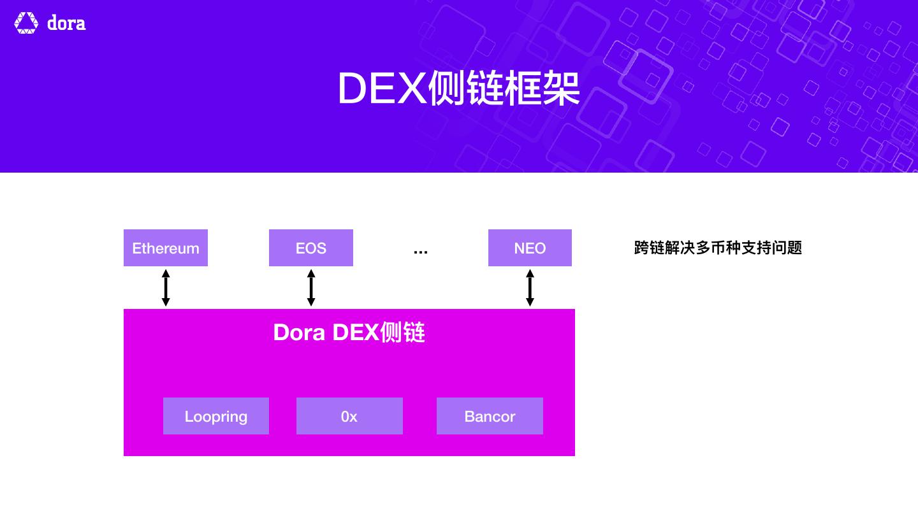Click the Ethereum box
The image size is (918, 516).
pos(166,248)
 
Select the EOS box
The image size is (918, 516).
pos(311,248)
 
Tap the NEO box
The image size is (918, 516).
pos(530,248)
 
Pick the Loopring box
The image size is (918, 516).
pos(216,416)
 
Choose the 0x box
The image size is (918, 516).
pos(349,416)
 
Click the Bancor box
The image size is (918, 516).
pos(490,416)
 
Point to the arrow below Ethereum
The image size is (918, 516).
pos(166,288)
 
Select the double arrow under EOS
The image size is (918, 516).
pos(311,288)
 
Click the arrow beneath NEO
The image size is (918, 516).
pos(530,288)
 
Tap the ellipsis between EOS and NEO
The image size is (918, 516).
pos(421,252)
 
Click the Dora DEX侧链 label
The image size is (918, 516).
pos(349,333)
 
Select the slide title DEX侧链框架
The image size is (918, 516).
pos(458,89)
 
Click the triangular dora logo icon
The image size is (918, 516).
pos(26,23)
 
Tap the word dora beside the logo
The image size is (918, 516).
pos(66,24)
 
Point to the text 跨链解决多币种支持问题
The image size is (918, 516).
pos(718,248)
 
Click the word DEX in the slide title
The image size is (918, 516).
pos(381,89)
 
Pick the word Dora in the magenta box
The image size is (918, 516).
pos(299,333)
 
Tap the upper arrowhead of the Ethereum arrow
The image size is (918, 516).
pos(166,273)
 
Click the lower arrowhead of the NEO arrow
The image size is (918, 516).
pos(530,302)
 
